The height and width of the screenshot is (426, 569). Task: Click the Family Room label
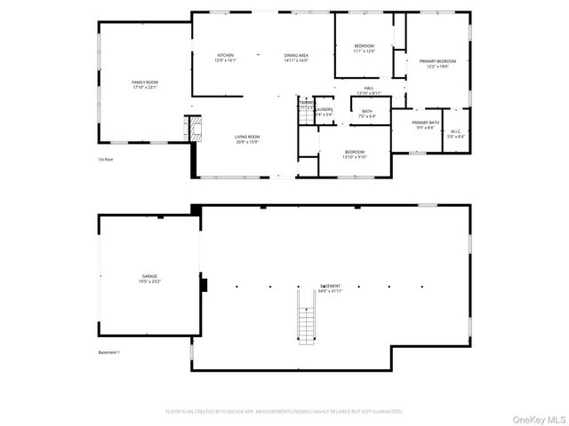(x=143, y=83)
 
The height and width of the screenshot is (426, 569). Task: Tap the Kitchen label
(x=224, y=58)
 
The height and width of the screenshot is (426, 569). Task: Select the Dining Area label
(x=296, y=58)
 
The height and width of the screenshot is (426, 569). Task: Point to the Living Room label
(x=246, y=139)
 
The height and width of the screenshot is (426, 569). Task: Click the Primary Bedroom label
(x=426, y=64)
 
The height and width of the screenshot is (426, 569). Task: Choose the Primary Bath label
(x=425, y=124)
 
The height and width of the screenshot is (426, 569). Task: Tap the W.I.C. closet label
(x=455, y=134)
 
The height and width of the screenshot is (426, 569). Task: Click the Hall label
(x=369, y=91)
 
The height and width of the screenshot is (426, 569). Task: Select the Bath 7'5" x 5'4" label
(x=367, y=113)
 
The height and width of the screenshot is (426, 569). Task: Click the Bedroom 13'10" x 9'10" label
(x=354, y=154)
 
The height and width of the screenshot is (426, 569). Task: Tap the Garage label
(x=149, y=279)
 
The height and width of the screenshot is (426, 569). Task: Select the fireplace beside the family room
(x=188, y=128)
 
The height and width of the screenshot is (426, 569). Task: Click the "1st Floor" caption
(x=108, y=160)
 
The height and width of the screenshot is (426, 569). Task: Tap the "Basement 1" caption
(x=109, y=351)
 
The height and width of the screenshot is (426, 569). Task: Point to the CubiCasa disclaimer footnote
(x=284, y=412)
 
